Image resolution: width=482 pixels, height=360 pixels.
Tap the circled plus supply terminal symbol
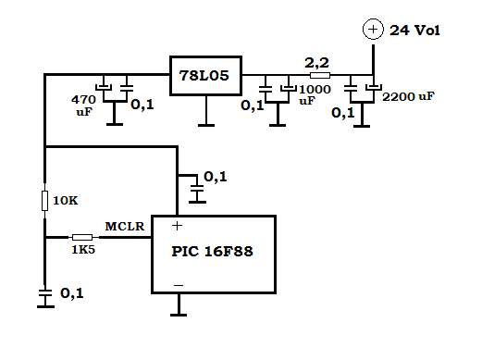(373, 30)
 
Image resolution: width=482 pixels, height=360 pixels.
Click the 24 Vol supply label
(414, 31)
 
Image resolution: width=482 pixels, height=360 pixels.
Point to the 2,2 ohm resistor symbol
(320, 75)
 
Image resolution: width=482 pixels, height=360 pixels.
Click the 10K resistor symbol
(45, 201)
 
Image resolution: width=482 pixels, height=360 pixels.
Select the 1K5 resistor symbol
(82, 237)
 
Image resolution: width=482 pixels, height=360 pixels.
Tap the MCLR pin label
(125, 227)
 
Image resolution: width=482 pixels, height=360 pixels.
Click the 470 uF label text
(84, 106)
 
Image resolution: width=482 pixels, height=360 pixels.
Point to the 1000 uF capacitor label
(315, 94)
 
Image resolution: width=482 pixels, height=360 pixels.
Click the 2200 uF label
(408, 96)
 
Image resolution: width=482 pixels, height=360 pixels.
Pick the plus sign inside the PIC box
(177, 226)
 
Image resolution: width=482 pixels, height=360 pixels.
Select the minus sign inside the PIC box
(179, 285)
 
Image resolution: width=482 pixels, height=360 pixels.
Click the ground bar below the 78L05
(206, 125)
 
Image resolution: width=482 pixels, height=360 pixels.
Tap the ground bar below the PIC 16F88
(179, 315)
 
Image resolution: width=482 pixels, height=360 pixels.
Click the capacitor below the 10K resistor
(45, 293)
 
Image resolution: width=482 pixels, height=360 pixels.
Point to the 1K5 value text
(83, 250)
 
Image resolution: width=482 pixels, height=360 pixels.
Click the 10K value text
(66, 201)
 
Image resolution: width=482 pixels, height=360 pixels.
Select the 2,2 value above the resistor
(316, 63)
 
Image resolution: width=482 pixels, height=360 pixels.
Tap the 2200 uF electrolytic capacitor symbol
(374, 88)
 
